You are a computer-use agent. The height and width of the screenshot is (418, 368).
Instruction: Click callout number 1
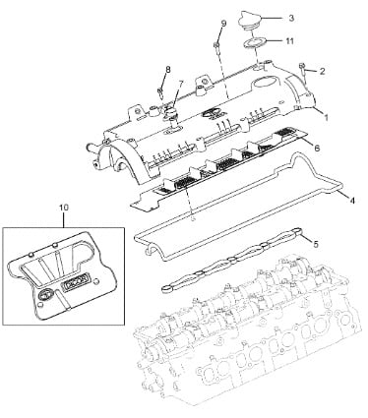326,117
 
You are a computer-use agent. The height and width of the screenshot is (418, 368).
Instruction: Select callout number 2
322,71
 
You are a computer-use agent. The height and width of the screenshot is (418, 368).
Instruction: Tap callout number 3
291,18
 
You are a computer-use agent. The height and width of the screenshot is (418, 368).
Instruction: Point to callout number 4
351,200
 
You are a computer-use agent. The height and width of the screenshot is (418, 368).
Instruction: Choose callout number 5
316,244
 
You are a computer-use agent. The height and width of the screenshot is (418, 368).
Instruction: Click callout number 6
317,148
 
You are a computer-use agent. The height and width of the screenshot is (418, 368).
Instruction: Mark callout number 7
181,84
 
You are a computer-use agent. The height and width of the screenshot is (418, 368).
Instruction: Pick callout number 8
168,70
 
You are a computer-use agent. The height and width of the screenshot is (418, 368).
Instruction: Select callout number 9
223,24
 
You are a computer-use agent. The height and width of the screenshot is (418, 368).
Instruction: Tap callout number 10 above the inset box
64,208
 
